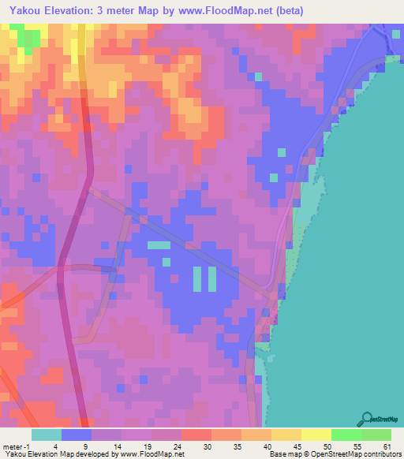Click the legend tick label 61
387,446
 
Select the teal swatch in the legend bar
47,435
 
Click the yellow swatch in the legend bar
316,435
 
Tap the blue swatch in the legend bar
77,435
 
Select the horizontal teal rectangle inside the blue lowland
159,245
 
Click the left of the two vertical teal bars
196,277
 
